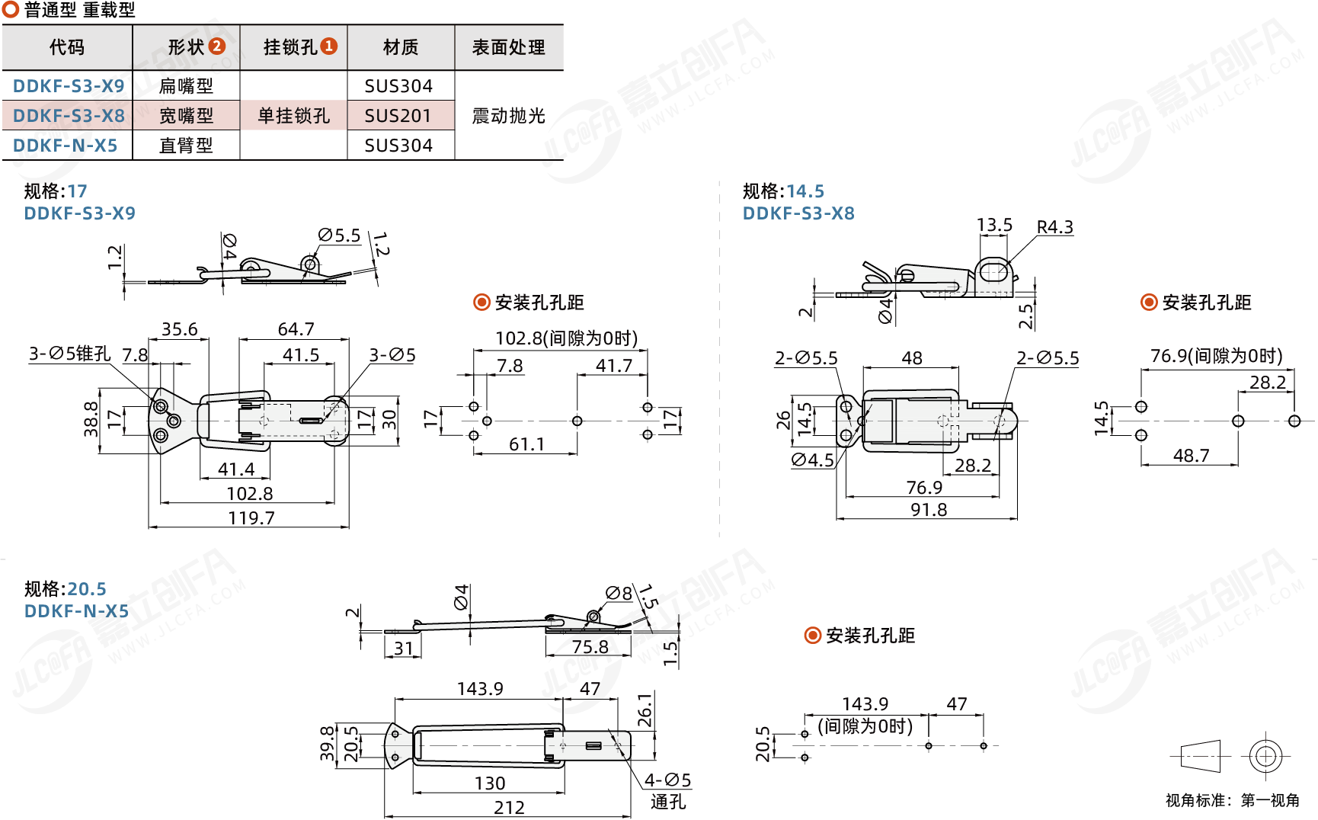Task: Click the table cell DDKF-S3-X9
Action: tap(69, 86)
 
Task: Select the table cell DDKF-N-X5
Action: tap(66, 146)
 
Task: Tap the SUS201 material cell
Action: tap(398, 116)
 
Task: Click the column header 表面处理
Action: tap(508, 48)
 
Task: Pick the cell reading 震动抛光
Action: tap(508, 116)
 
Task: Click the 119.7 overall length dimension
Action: tap(251, 518)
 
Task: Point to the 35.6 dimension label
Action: tap(179, 329)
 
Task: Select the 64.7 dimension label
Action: tap(296, 329)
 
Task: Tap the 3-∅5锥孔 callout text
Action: tap(70, 354)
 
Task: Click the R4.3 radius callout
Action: tap(1054, 227)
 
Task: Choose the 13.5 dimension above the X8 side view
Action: tap(994, 226)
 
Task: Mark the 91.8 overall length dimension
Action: tap(929, 510)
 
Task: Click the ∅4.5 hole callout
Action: tap(813, 460)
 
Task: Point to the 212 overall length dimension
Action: tap(509, 808)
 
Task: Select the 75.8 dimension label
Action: tap(590, 647)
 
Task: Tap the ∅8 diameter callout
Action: tap(619, 593)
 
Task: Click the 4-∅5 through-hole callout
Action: tap(667, 780)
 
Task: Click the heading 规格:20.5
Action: tap(66, 589)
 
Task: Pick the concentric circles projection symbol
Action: tap(1265, 756)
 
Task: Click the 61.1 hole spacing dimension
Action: tap(526, 444)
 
